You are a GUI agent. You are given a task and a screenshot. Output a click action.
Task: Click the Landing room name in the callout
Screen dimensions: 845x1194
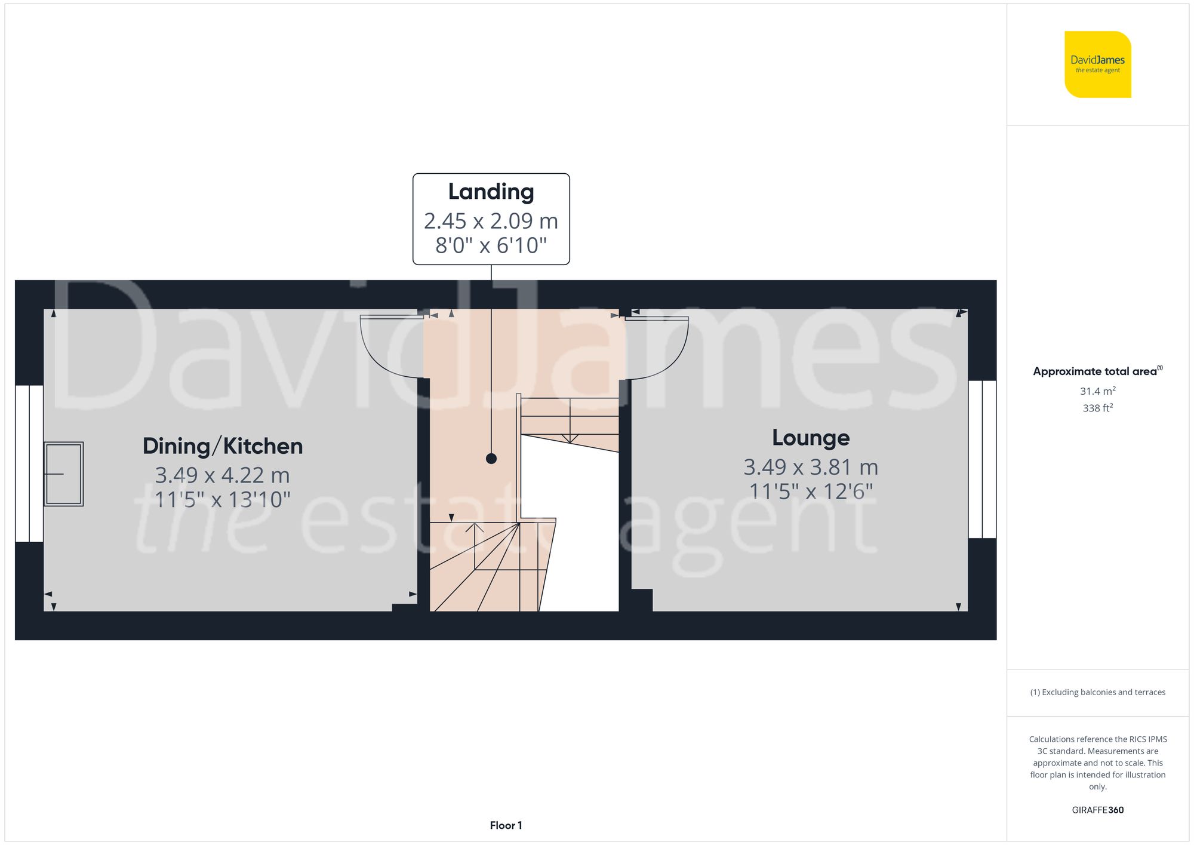tap(491, 192)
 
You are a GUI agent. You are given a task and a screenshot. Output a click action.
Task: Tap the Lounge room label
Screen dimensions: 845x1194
tap(810, 438)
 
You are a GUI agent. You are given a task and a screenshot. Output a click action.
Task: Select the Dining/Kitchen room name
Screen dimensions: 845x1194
tap(222, 446)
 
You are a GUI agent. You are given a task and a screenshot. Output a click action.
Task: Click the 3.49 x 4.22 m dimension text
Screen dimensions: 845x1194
tap(222, 475)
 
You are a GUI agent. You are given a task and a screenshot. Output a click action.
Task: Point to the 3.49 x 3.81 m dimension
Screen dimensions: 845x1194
tap(810, 467)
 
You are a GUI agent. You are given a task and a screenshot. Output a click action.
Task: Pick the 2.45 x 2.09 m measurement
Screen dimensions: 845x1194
tap(491, 221)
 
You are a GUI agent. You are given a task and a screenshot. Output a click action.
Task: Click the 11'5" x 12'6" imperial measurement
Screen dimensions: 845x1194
tap(810, 491)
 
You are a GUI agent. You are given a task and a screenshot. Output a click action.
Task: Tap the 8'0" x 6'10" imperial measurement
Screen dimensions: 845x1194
tap(491, 245)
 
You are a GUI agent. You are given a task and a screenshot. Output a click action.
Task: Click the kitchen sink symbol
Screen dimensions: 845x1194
tap(63, 474)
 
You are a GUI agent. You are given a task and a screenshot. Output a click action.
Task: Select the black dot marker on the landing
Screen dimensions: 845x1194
tap(491, 459)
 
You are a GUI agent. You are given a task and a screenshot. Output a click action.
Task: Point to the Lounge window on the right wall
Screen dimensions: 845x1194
tap(982, 459)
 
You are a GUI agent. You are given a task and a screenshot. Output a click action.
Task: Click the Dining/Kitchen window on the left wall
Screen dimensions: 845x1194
tap(29, 463)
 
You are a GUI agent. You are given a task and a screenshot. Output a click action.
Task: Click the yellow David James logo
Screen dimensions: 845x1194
tap(1097, 64)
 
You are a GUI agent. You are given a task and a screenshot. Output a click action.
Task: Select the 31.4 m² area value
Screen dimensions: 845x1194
tap(1097, 391)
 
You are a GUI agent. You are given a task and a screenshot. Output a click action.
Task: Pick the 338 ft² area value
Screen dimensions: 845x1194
tap(1097, 408)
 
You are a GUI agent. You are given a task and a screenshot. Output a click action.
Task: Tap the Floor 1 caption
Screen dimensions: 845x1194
tap(506, 825)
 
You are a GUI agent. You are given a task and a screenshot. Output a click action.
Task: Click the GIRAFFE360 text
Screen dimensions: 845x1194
tap(1097, 810)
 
